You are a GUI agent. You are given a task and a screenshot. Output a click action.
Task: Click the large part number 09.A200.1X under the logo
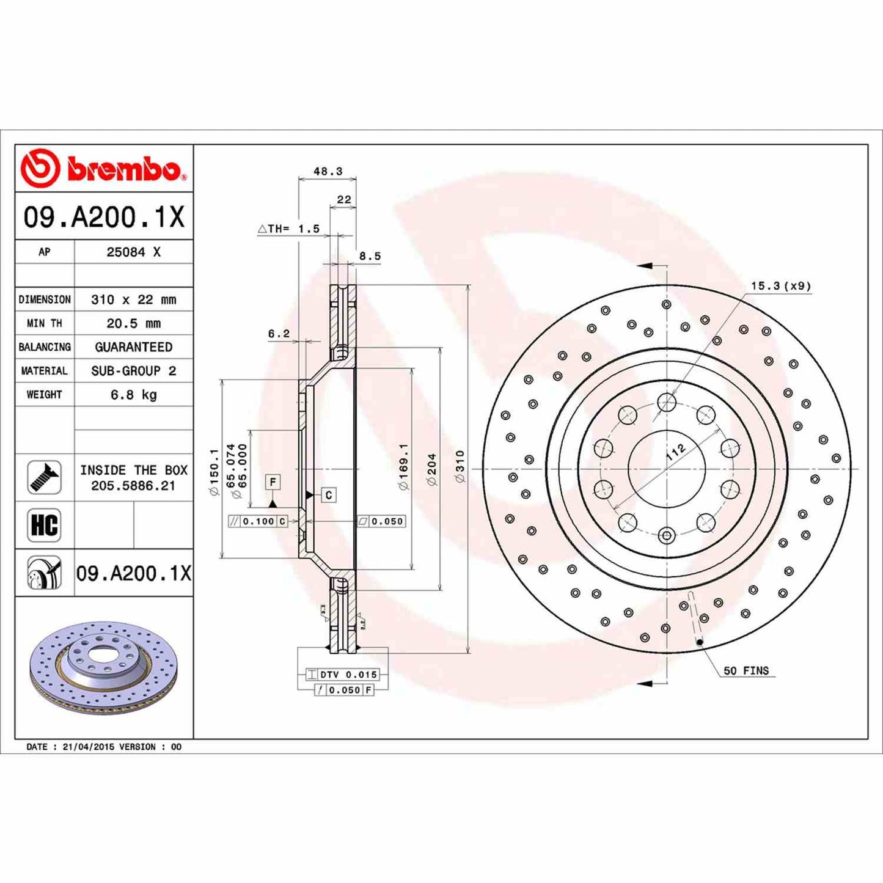point(104,217)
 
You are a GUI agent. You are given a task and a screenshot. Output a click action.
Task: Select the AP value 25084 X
point(133,252)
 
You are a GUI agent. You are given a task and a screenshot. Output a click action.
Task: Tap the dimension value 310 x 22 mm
point(133,299)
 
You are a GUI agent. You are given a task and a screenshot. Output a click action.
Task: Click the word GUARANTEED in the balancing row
point(133,347)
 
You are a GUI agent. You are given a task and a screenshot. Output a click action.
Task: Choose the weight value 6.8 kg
point(133,395)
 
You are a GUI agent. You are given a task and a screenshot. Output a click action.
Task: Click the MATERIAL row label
point(44,371)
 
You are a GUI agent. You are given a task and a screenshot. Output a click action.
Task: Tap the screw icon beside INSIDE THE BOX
point(44,477)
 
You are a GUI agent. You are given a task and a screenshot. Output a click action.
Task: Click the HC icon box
point(44,525)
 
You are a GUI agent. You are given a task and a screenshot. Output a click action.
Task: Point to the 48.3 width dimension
point(328,172)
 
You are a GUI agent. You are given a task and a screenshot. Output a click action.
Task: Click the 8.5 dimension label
point(370,256)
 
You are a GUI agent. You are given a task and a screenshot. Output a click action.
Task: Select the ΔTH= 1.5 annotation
point(289,229)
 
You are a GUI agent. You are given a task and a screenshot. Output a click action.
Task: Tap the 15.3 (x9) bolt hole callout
point(780,285)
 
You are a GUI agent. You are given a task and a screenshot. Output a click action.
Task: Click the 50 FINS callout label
point(746,670)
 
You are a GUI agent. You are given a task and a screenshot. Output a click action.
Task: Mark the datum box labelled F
point(273,482)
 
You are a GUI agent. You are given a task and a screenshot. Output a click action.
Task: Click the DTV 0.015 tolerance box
point(348,675)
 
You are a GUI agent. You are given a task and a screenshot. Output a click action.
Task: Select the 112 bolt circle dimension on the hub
point(675,452)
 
